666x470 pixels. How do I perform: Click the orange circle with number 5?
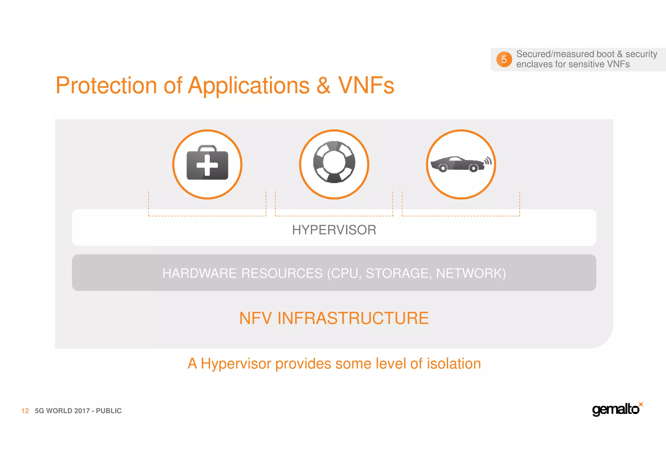pyautogui.click(x=504, y=59)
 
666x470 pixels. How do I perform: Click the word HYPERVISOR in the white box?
pyautogui.click(x=334, y=230)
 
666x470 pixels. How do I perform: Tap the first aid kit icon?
pyautogui.click(x=207, y=164)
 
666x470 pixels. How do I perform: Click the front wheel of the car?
pyautogui.click(x=443, y=168)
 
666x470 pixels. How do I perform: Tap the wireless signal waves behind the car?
pyautogui.click(x=488, y=160)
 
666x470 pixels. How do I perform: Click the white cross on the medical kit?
pyautogui.click(x=207, y=165)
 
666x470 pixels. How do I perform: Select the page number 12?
pyautogui.click(x=25, y=411)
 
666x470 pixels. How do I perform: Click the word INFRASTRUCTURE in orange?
pyautogui.click(x=353, y=318)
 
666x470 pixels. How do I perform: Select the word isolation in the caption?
pyautogui.click(x=454, y=363)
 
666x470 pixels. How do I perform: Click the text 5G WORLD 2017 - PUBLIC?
pyautogui.click(x=78, y=411)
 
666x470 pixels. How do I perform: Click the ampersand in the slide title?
pyautogui.click(x=323, y=85)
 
